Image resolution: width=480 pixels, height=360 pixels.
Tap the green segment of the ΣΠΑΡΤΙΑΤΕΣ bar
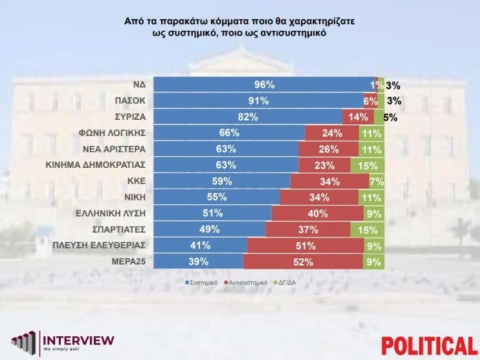[373, 230]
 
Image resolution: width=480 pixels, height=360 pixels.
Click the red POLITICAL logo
[429, 346]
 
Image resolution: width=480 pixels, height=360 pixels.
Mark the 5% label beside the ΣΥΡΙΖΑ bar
[391, 117]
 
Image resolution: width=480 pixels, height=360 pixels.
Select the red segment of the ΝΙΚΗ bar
[321, 198]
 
